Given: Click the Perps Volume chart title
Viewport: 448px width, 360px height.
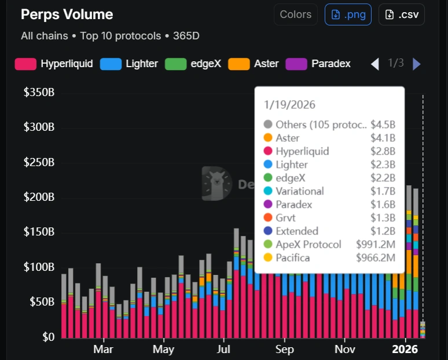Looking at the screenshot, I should point(67,14).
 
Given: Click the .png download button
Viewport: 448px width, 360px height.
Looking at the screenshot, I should point(348,14).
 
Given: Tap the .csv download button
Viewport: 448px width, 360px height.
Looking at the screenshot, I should point(401,14).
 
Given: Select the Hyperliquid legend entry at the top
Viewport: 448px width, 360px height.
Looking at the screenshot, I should point(54,64).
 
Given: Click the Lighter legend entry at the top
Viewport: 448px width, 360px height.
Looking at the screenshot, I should point(129,64).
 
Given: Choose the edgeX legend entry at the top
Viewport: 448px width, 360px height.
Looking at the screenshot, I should point(193,64).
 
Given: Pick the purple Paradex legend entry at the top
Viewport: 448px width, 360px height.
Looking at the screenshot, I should point(319,64).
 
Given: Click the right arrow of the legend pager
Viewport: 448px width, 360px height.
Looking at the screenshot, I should point(417,64).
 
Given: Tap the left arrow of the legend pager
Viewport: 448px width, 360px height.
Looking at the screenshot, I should point(374,64).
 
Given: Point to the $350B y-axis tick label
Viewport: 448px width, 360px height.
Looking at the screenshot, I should point(39,93).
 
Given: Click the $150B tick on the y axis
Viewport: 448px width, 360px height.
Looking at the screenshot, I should point(39,232).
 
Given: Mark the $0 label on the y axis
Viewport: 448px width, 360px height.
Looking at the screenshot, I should point(49,337).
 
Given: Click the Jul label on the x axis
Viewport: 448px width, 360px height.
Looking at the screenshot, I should point(224,350).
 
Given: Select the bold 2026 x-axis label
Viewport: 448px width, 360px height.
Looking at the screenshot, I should point(405,350).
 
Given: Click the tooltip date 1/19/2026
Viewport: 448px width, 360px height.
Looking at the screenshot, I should point(290,105).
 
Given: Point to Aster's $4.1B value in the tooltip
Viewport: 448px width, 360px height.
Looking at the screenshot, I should point(383,138).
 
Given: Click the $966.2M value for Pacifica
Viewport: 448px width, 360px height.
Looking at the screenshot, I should point(376,258).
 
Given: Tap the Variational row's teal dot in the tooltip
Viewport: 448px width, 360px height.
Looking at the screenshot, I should point(267,191).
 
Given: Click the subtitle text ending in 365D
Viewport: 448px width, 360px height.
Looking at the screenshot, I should point(110,36).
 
